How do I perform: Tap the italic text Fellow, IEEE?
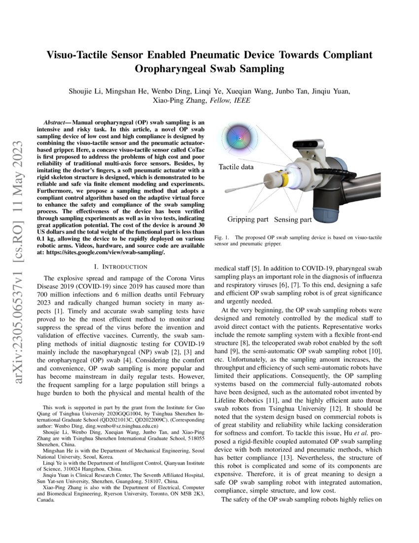click(230, 101)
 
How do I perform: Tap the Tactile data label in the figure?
click(236, 167)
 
